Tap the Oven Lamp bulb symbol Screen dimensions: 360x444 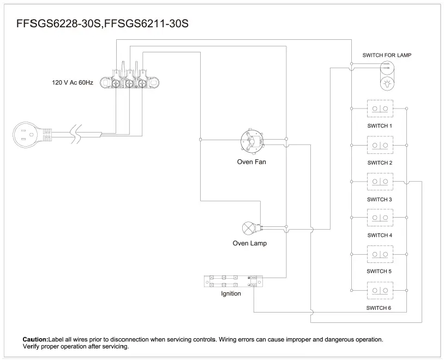248,226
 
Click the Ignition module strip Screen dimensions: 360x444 233,281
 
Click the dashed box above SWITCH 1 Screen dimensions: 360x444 380,109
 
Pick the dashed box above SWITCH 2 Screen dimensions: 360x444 380,146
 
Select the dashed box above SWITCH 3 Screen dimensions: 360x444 380,182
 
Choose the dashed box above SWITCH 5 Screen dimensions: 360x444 380,254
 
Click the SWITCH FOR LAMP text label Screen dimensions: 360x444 387,55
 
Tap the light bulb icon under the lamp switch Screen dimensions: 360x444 387,83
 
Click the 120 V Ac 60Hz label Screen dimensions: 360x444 73,82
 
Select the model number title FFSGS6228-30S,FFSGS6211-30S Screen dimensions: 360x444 103,25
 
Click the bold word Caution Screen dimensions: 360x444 35,339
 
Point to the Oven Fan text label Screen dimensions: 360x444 251,162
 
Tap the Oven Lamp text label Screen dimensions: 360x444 250,243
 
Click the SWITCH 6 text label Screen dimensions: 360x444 379,308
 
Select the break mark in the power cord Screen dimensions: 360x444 79,133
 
